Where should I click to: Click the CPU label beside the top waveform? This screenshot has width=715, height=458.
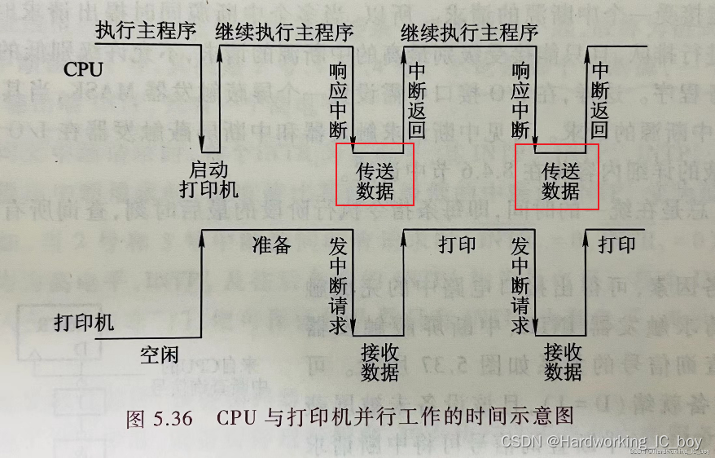pyautogui.click(x=83, y=69)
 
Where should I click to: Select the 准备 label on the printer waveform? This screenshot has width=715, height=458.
pyautogui.click(x=271, y=244)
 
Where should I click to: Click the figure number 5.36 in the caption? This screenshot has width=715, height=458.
pyautogui.click(x=171, y=418)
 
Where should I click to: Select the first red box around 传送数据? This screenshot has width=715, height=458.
pyautogui.click(x=375, y=174)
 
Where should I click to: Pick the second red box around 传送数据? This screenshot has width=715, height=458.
pyautogui.click(x=559, y=174)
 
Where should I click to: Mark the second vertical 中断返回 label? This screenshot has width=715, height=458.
pyautogui.click(x=600, y=99)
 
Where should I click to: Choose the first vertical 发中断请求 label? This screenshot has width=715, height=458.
pyautogui.click(x=339, y=285)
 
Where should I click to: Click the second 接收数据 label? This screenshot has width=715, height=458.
pyautogui.click(x=564, y=363)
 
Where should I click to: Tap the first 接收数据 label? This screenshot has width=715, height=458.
pyautogui.click(x=379, y=363)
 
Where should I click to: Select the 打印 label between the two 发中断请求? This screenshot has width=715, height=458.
pyautogui.click(x=457, y=244)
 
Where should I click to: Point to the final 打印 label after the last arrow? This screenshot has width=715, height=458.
pyautogui.click(x=616, y=244)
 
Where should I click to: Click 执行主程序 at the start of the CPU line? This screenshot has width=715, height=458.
pyautogui.click(x=146, y=32)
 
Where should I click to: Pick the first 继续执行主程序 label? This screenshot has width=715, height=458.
pyautogui.click(x=284, y=33)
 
